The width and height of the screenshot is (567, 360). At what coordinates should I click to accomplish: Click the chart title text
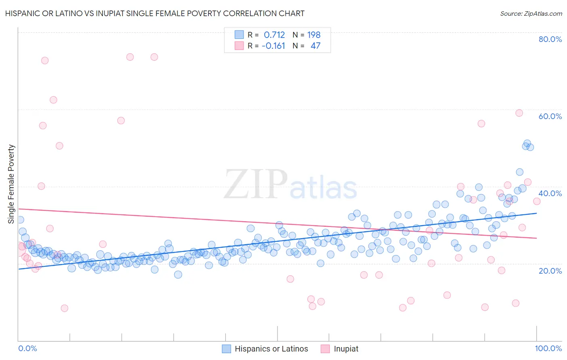(154, 13)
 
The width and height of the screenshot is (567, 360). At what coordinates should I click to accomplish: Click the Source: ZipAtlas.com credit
(531, 13)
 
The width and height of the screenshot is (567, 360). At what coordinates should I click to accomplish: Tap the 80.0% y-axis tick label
(550, 39)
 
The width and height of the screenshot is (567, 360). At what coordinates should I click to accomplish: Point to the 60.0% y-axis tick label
(550, 116)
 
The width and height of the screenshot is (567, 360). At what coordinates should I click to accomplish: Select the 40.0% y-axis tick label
(550, 193)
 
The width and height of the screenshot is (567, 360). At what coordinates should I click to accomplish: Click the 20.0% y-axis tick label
(550, 270)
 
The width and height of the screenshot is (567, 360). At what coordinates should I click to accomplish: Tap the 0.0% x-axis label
(27, 348)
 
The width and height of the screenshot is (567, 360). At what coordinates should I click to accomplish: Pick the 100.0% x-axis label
(548, 348)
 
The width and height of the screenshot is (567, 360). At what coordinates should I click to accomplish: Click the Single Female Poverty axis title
(11, 184)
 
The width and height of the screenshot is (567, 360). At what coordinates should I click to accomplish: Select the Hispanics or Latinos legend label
(271, 349)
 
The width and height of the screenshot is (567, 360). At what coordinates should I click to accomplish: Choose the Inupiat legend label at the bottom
(346, 349)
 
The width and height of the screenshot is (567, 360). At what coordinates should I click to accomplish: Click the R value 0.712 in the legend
(274, 35)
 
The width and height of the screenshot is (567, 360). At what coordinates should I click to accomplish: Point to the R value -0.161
(273, 46)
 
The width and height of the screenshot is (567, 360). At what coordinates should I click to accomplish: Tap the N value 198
(314, 35)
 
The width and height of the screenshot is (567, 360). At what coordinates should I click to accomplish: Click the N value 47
(315, 46)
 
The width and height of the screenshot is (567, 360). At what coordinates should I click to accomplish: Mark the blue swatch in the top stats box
(239, 35)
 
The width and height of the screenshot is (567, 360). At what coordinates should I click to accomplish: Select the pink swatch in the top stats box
(239, 46)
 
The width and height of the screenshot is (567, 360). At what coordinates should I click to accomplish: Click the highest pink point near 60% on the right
(519, 113)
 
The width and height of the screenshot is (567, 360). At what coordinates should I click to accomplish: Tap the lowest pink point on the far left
(65, 308)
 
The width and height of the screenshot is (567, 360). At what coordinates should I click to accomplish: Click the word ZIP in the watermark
(255, 185)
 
